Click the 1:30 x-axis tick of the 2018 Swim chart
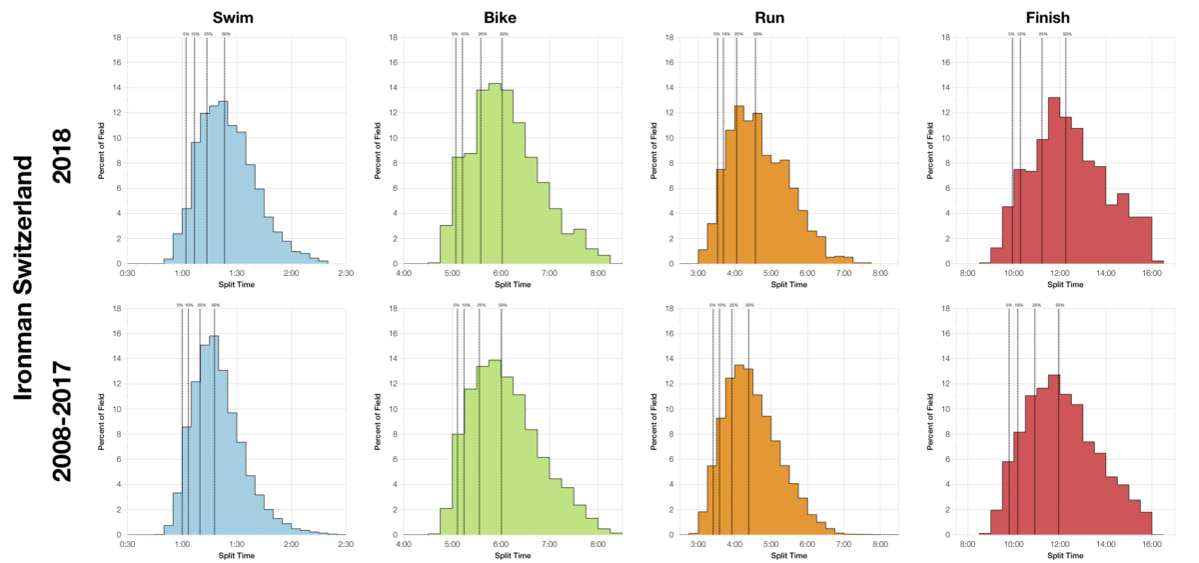(237, 272)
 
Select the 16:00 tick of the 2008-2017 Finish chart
(1151, 543)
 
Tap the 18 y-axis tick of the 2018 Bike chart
(394, 38)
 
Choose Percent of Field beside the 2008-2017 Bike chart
(378, 421)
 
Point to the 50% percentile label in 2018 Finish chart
(1067, 34)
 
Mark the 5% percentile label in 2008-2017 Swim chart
(180, 305)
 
